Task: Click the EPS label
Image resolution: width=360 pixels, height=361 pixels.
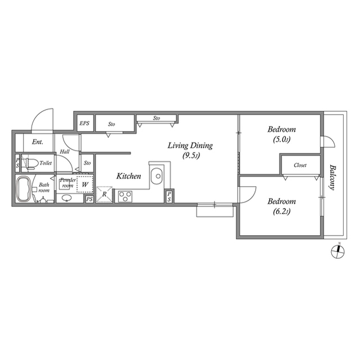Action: pos(84,124)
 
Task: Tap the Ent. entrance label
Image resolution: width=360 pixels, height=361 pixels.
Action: pos(38,142)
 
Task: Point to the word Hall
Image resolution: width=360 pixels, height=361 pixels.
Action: pos(64,152)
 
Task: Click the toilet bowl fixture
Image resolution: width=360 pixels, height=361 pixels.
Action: pos(32,164)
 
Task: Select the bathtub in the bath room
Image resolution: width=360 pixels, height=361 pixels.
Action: pos(24,188)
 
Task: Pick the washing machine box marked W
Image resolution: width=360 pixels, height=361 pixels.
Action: pos(85,184)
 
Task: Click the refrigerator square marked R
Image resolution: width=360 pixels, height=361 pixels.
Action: pos(104,195)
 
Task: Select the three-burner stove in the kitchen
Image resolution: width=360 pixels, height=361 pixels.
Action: pos(125,196)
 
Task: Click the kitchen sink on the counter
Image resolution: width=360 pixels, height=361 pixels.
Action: pos(157,175)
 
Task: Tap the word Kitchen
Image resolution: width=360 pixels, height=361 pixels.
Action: pos(128,177)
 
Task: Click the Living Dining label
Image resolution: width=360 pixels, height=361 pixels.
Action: pos(190,146)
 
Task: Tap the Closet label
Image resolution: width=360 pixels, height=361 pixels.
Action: pos(300,166)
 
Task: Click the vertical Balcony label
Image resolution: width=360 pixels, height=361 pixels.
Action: pos(333,178)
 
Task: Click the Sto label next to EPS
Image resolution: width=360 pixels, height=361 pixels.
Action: pos(112,124)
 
